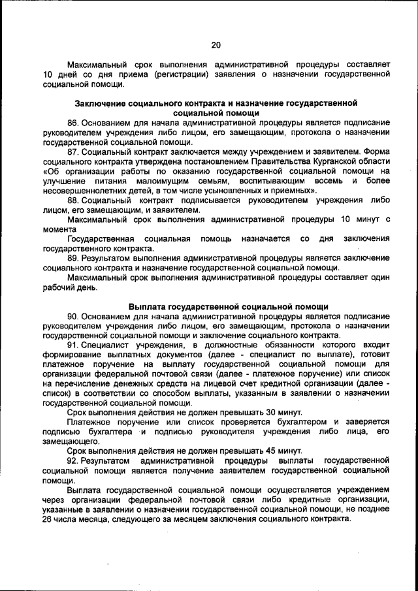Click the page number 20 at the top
coord(216,44)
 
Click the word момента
coord(59,229)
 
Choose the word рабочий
coord(57,287)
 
